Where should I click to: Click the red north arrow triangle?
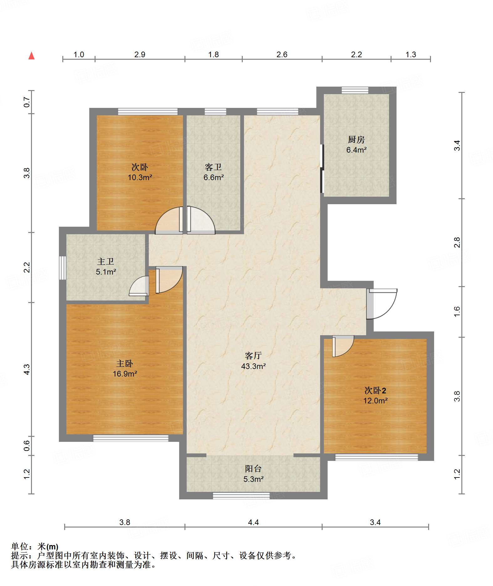[31, 56]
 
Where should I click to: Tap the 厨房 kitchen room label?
[356, 139]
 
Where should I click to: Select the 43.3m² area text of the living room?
[253, 366]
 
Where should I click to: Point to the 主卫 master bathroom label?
[106, 261]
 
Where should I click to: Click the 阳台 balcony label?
[253, 469]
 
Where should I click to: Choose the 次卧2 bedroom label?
[375, 390]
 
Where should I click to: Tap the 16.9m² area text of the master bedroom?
[125, 374]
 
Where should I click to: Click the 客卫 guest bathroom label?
[213, 167]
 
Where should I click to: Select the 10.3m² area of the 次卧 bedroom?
[140, 178]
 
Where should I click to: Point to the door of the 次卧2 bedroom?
[343, 346]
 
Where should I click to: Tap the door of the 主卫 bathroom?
[139, 286]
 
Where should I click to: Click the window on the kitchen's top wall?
[355, 90]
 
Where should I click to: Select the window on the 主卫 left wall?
[63, 268]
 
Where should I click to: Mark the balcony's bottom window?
[241, 496]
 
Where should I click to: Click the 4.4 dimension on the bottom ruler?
[253, 522]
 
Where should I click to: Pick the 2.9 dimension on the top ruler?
[140, 54]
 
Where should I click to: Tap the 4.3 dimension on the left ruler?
[27, 369]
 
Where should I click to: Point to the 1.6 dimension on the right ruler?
[457, 311]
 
